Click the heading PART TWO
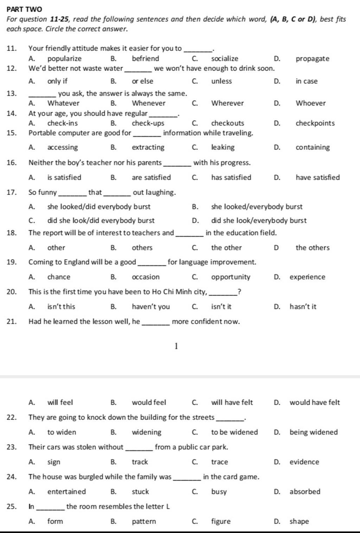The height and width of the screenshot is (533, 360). pos(24,9)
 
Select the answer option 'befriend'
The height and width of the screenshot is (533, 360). pos(145,59)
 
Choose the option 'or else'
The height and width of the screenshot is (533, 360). pos(142,81)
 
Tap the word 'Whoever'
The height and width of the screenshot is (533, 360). pos(310,103)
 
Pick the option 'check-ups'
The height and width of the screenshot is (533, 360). pos(148,123)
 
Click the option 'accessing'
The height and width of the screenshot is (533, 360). pos(63,147)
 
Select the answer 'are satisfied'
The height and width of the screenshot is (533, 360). pos(151,178)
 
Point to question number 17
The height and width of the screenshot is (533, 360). pos(12,192)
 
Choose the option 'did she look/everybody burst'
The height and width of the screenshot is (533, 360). pos(258,221)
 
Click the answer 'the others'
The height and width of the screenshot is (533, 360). pos(313,248)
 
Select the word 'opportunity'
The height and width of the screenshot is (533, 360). pos(231,277)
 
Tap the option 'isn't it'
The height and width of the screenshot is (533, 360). pos(221,307)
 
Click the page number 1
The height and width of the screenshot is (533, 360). pos(176,347)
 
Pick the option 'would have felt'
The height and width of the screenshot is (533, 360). pos(315,402)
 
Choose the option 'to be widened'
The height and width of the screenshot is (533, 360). pos(234,432)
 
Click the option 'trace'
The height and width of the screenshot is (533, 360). pos(219,462)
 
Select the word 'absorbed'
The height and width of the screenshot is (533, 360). pos(305,492)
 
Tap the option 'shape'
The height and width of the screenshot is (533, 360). pos(299,521)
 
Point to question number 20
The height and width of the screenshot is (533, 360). pos(12,292)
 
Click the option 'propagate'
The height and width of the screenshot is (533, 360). pos(313,59)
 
